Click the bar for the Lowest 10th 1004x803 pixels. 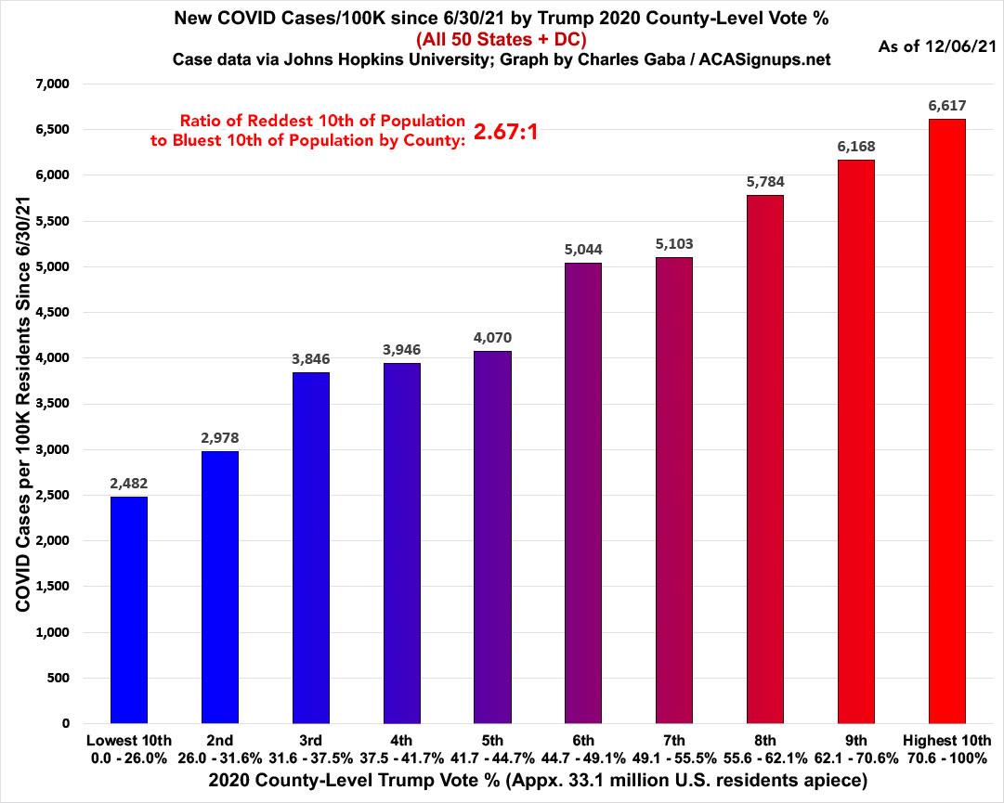[129, 610]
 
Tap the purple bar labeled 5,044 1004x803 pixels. [582, 493]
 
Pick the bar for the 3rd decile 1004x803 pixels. [310, 548]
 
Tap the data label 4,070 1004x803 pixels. [492, 338]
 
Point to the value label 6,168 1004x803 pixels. [855, 147]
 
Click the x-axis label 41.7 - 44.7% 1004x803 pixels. [492, 758]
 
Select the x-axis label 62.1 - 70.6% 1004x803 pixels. [855, 758]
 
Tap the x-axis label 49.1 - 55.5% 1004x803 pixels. [673, 758]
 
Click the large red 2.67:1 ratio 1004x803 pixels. [506, 132]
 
